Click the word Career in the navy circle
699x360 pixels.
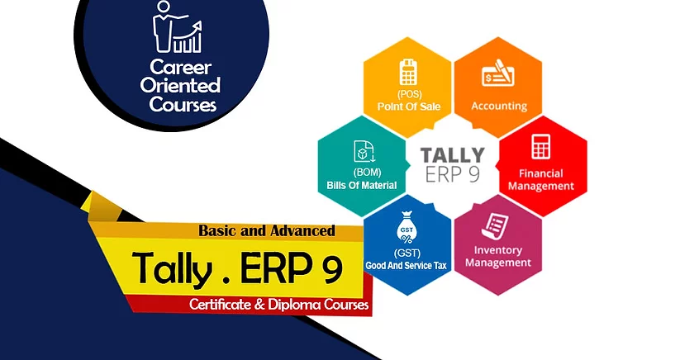coord(180,67)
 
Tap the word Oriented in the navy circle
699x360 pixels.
coord(180,85)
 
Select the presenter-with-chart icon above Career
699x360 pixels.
coord(177,26)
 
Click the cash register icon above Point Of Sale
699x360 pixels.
coord(408,72)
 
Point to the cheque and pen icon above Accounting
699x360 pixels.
coord(499,73)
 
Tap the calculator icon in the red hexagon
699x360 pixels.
coord(540,146)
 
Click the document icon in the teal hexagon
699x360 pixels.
coord(364,151)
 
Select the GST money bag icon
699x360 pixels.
coord(407,228)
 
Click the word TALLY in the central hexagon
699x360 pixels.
coord(453,155)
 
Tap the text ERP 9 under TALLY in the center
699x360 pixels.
coord(453,175)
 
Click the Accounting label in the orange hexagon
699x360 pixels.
coord(499,106)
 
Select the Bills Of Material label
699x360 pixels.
coord(362,185)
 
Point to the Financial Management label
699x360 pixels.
coord(540,180)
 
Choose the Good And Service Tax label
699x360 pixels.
coord(407,266)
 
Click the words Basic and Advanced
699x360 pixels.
coord(267,230)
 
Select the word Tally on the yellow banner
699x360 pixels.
coord(172,268)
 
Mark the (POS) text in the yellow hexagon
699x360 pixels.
coord(408,95)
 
